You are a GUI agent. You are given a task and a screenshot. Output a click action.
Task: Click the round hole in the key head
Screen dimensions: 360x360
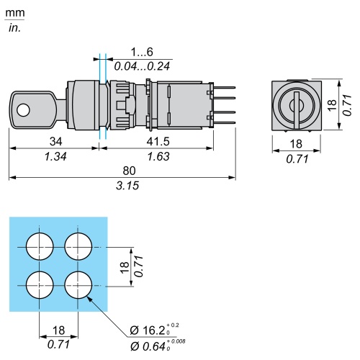[23, 110]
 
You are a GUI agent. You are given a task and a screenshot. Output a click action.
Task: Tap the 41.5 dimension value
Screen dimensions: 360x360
[158, 141]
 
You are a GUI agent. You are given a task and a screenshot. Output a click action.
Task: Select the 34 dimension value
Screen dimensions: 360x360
[55, 141]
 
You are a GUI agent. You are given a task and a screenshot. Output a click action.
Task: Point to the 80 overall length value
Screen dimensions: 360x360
[129, 171]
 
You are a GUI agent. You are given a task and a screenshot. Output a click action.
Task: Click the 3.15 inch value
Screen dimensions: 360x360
[127, 186]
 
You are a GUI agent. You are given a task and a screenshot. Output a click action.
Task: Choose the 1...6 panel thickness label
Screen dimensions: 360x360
[142, 52]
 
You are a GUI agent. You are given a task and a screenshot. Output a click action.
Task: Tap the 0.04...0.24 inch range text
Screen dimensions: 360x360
[142, 66]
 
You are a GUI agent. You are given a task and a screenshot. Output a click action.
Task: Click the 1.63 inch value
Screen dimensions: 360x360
[158, 156]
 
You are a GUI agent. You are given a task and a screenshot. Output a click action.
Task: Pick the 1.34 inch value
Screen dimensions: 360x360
[55, 156]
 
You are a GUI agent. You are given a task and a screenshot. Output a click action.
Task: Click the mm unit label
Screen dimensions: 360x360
[15, 13]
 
